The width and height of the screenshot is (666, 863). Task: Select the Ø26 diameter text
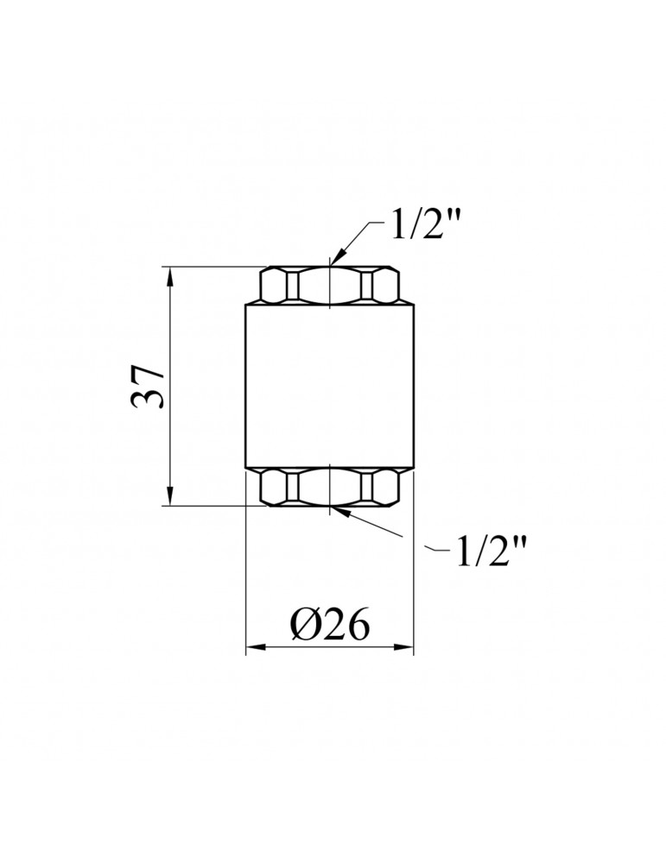329,626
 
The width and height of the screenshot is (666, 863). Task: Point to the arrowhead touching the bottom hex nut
339,512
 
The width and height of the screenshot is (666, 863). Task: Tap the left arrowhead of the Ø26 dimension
255,648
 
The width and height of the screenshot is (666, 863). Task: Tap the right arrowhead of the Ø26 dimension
403,648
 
